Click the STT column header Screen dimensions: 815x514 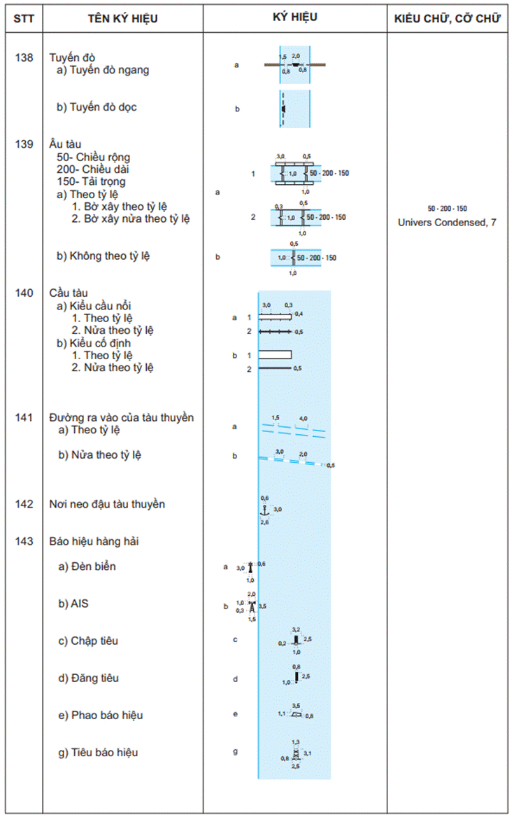(x=23, y=18)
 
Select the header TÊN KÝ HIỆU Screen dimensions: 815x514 (x=122, y=18)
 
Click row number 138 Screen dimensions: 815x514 (x=23, y=57)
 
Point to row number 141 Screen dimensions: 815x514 (x=23, y=417)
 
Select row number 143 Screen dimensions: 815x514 (x=23, y=541)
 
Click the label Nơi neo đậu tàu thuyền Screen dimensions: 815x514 (x=107, y=504)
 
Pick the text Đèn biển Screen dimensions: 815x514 (x=87, y=566)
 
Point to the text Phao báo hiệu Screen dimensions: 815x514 (x=100, y=715)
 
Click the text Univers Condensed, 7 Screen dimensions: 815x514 (x=447, y=223)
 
